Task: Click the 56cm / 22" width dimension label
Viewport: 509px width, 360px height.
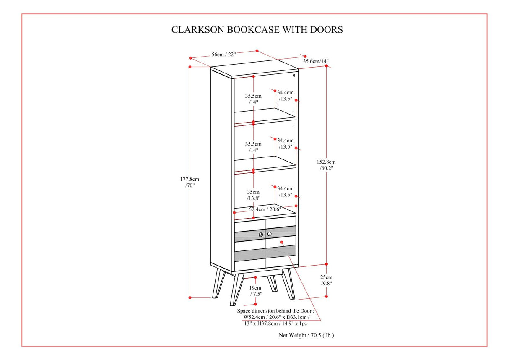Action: (x=223, y=55)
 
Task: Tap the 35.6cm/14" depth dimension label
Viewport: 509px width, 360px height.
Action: (x=316, y=61)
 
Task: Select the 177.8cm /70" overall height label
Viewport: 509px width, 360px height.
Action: (x=190, y=182)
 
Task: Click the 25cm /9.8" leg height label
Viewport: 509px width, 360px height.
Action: (x=326, y=280)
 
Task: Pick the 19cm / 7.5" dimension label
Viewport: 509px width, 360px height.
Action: (x=255, y=291)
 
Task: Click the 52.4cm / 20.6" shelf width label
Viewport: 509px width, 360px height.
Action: (x=265, y=209)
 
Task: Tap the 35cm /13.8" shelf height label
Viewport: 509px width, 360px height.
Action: (x=254, y=195)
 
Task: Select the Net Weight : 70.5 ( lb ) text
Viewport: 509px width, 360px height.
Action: (x=306, y=335)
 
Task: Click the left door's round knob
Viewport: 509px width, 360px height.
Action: (x=261, y=234)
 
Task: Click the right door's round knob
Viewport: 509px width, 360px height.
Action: (x=269, y=234)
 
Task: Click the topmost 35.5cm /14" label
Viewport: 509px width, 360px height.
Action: (x=253, y=99)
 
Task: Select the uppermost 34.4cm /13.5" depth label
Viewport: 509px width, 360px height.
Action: (x=285, y=95)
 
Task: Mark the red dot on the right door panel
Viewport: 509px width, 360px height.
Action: (x=282, y=242)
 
